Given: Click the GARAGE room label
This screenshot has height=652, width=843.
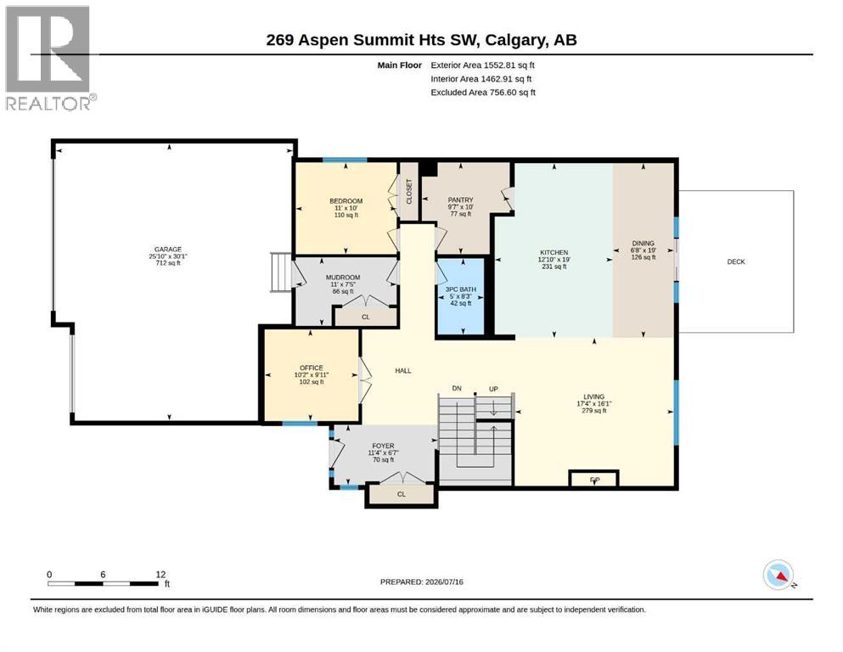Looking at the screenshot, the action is pos(168,250).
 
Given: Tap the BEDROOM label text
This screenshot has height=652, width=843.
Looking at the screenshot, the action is pos(346,201).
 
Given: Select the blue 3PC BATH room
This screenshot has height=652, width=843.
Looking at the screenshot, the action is pos(460,297).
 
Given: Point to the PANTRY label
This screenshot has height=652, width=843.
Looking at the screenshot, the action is pos(460,200).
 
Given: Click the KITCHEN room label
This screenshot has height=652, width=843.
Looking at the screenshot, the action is pos(554,253).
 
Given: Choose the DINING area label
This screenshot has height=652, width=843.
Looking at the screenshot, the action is pos(643,244).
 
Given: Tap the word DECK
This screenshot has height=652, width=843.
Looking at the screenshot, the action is pos(736,261).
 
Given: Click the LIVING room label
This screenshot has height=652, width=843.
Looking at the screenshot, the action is pos(594,396).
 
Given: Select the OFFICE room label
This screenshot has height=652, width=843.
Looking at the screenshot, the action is pos(312,368).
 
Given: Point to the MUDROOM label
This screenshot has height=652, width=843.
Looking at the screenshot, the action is pos(343,278).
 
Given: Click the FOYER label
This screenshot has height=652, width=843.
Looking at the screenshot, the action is pos(384,447).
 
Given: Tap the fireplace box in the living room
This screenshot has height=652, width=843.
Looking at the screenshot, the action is pos(593,478).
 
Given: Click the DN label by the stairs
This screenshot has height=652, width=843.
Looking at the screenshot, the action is pos(457,388).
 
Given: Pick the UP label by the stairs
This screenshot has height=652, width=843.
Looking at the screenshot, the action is pos(493,389).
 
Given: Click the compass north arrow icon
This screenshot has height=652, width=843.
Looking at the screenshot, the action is pos(779,576).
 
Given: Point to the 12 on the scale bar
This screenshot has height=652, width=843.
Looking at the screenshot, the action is pos(160,574).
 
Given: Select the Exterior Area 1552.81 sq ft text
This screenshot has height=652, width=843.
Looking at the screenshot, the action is pos(482,65).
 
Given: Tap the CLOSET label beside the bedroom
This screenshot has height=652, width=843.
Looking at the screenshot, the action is pos(409,191).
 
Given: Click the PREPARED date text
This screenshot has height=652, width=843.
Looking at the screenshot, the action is pos(421,582).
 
